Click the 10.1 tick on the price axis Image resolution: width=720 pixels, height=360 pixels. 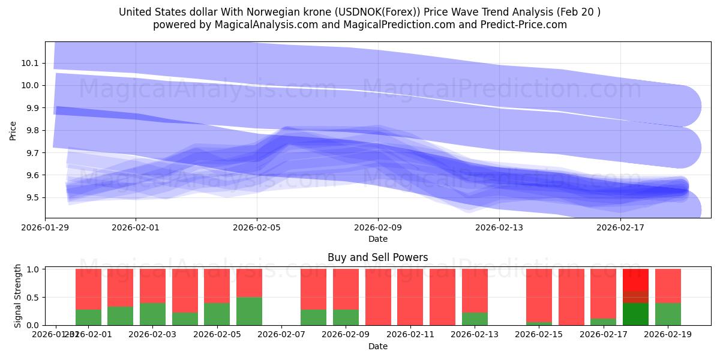29,63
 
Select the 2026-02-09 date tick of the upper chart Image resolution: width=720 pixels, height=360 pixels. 378,227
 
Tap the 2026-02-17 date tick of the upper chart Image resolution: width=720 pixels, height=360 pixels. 620,227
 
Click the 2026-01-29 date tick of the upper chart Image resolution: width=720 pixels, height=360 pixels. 45,227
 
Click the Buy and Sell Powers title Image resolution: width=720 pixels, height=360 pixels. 377,257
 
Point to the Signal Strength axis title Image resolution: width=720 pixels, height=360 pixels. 18,295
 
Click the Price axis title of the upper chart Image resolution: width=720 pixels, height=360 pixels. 13,130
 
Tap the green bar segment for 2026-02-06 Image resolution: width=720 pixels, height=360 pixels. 249,311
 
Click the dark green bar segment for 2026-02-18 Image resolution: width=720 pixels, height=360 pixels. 635,314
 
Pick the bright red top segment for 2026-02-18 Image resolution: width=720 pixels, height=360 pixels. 635,280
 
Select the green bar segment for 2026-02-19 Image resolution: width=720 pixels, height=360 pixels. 668,314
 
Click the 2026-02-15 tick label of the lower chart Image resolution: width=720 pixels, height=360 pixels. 539,334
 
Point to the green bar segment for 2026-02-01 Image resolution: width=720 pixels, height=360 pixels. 88,317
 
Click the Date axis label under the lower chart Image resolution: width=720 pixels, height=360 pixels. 377,346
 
